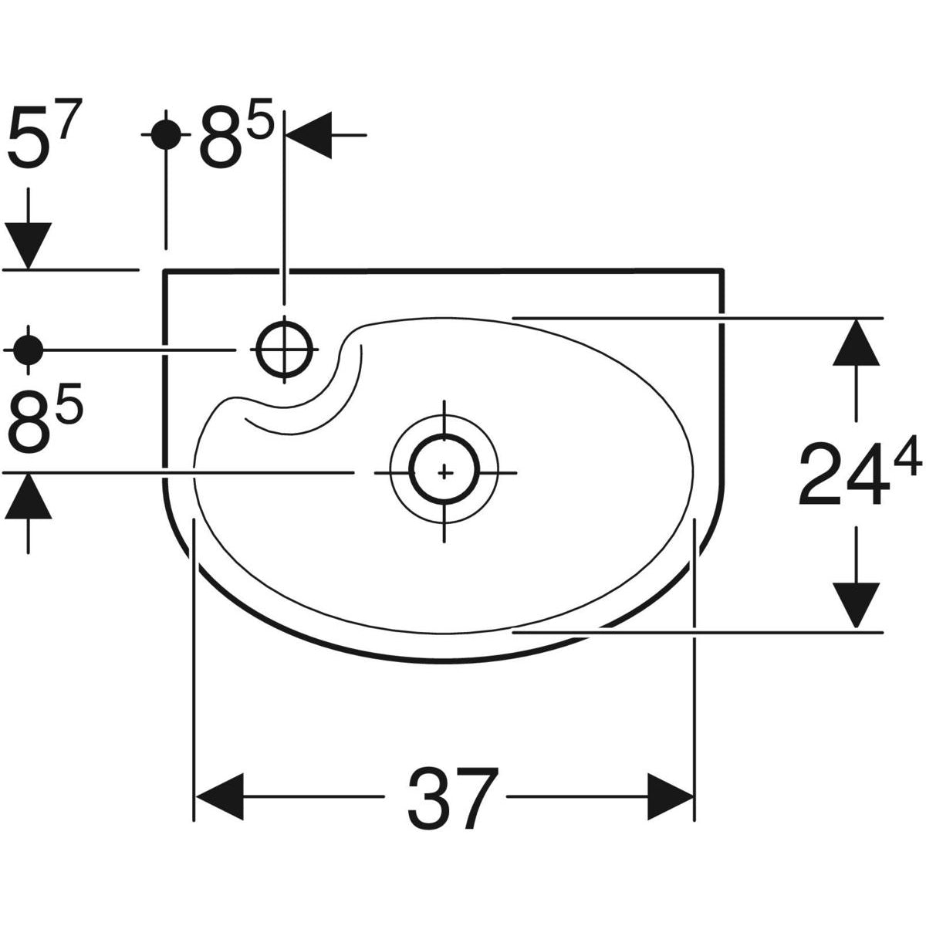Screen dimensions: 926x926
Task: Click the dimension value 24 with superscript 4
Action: click(x=857, y=473)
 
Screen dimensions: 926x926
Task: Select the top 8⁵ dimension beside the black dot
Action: click(x=235, y=139)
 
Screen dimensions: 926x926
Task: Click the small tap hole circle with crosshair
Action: click(x=285, y=349)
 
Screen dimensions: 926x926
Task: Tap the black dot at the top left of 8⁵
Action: click(x=165, y=134)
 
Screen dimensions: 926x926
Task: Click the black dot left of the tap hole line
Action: click(x=29, y=350)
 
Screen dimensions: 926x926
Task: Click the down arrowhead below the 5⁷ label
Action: click(x=29, y=245)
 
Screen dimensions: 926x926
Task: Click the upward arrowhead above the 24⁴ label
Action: click(x=856, y=343)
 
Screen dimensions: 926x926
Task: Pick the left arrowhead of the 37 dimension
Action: click(x=219, y=796)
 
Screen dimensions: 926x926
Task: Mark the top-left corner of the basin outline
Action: click(x=164, y=271)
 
